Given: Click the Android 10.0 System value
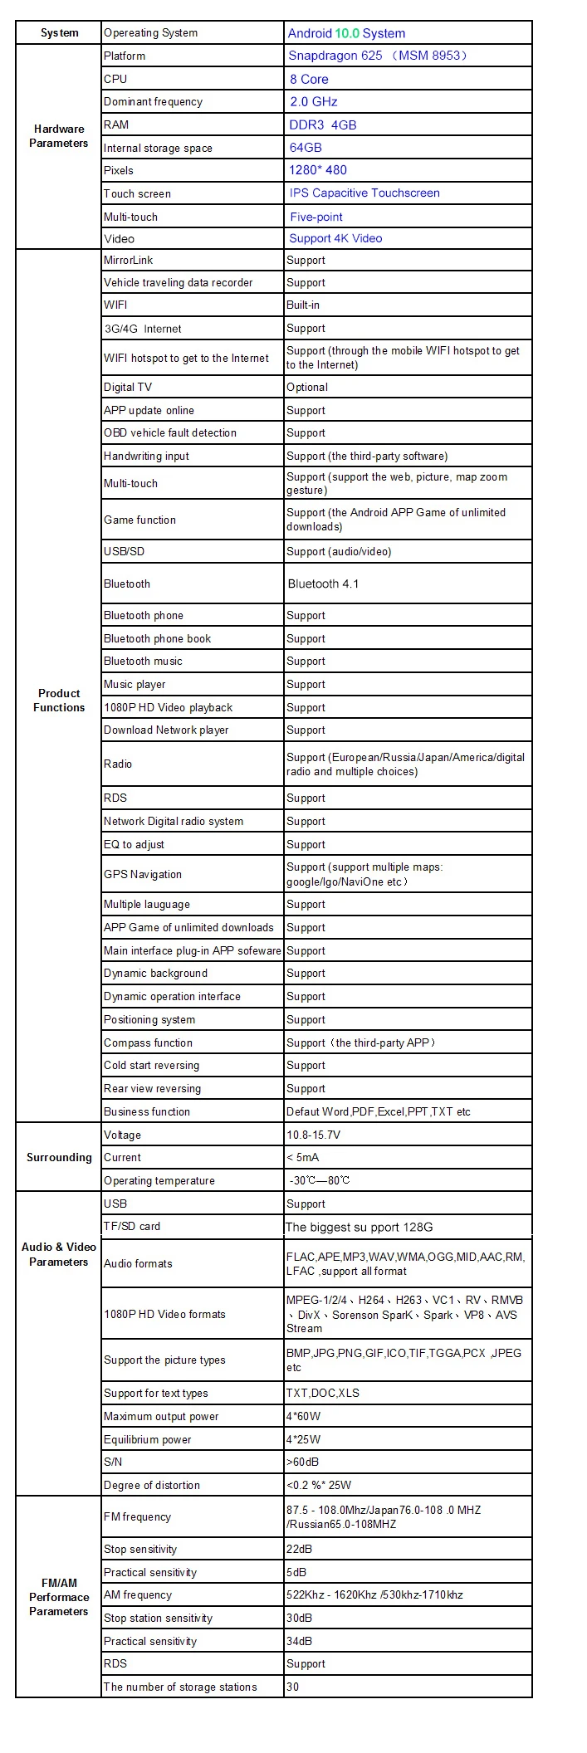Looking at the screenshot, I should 346,33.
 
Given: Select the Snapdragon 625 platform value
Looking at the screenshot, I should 378,56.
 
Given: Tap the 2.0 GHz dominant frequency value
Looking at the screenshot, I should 313,101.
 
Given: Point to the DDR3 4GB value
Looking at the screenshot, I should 322,125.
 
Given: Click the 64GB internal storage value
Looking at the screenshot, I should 305,147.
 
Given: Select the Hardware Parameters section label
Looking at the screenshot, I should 59,136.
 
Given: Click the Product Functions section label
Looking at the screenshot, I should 59,700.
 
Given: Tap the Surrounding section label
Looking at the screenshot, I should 59,1157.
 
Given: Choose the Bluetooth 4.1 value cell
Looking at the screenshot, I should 323,584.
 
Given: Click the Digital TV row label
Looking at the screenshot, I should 128,387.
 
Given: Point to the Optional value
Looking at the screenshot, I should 307,387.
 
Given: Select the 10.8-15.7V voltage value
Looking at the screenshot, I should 313,1135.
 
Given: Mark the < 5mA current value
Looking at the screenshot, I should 302,1157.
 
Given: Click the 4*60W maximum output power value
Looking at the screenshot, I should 303,1416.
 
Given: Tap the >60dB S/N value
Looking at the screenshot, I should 302,1462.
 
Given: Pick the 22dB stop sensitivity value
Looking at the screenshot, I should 298,1549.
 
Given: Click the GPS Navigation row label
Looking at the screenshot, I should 142,874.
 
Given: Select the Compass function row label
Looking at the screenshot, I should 148,1043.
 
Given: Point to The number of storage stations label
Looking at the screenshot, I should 180,1687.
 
